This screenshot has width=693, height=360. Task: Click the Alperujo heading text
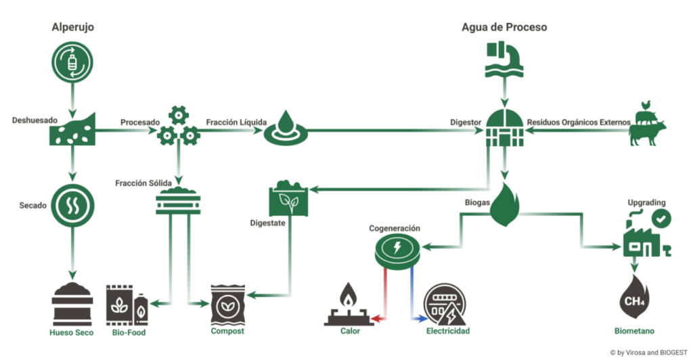pos(73,28)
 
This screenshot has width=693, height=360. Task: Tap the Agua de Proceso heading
pos(504,28)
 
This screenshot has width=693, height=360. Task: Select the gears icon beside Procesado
pos(178,127)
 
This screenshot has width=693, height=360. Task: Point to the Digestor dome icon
pos(504,127)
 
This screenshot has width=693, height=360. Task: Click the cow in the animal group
pos(647,132)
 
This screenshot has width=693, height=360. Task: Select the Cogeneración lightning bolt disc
pos(398,248)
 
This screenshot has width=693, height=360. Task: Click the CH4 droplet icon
pos(634,298)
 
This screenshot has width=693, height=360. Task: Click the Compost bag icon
pos(227,304)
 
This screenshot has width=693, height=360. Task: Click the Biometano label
pos(634,332)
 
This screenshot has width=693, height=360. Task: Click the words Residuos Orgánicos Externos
pos(579,122)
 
